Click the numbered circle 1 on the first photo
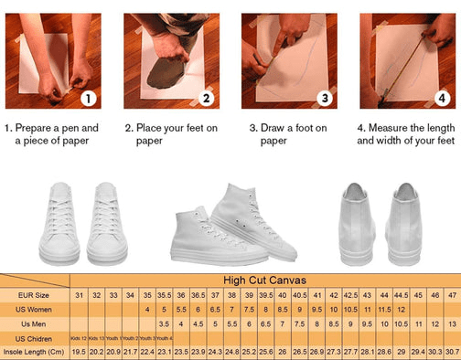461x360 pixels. pos(88,99)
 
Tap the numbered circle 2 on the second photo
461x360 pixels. pos(206,99)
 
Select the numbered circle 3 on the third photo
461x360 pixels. pos(324,99)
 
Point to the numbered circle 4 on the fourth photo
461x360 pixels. pos(441,99)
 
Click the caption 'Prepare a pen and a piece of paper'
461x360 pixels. pos(53,134)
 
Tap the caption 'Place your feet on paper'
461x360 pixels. pos(171,134)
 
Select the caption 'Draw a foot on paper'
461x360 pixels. pos(289,134)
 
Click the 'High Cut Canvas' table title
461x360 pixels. pos(264,281)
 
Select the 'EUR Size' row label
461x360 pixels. pos(35,295)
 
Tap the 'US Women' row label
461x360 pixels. pos(35,310)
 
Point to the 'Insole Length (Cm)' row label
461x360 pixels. pos(35,352)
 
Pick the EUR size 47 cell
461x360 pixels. pos(451,295)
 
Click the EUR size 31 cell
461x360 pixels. pos(79,295)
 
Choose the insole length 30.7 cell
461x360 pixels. pos(451,352)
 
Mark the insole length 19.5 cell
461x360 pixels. pos(79,352)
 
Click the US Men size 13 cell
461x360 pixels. pos(451,323)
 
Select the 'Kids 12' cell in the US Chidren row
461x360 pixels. pos(79,338)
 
